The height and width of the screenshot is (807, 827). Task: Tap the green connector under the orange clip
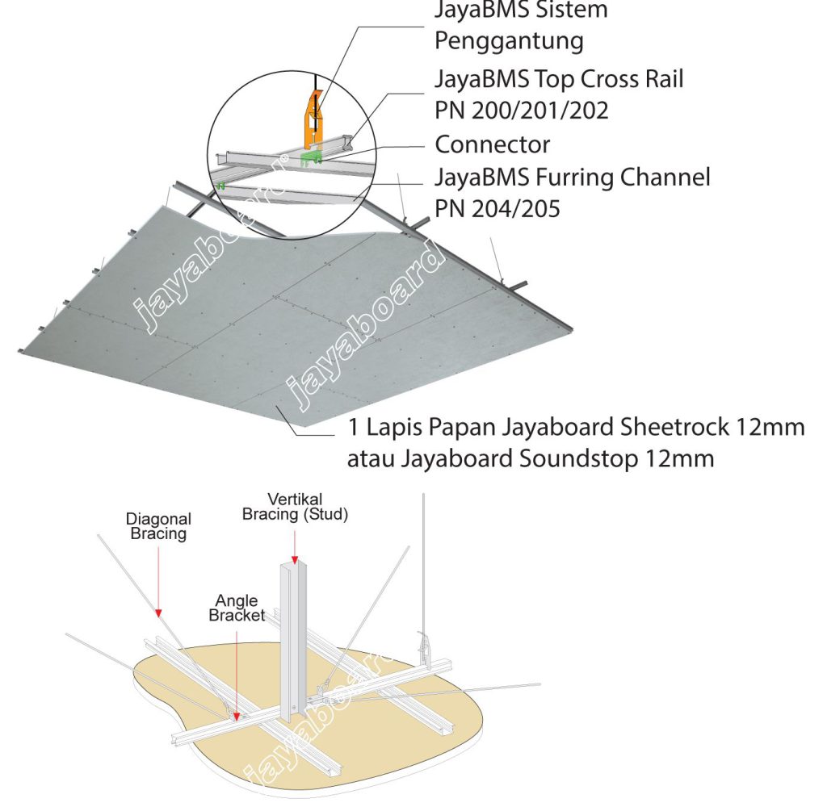click(311, 157)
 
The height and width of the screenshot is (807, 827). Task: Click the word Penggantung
click(509, 41)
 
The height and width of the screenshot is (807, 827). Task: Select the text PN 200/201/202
click(521, 111)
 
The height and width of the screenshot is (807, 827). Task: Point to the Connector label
click(492, 144)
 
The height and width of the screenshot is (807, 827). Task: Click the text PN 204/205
click(497, 209)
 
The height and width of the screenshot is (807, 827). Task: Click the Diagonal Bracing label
click(158, 526)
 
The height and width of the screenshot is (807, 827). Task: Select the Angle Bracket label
click(237, 608)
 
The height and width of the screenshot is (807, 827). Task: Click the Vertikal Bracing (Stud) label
click(295, 507)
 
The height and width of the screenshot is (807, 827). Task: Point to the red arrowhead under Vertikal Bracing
click(294, 559)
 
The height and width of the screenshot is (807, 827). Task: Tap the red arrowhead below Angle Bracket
click(237, 717)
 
